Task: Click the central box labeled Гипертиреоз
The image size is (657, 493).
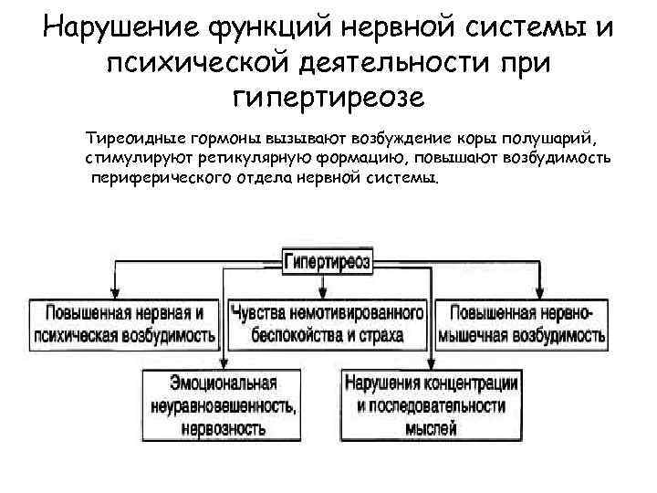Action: (x=327, y=260)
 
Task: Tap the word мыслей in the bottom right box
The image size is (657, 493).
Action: (x=432, y=426)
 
